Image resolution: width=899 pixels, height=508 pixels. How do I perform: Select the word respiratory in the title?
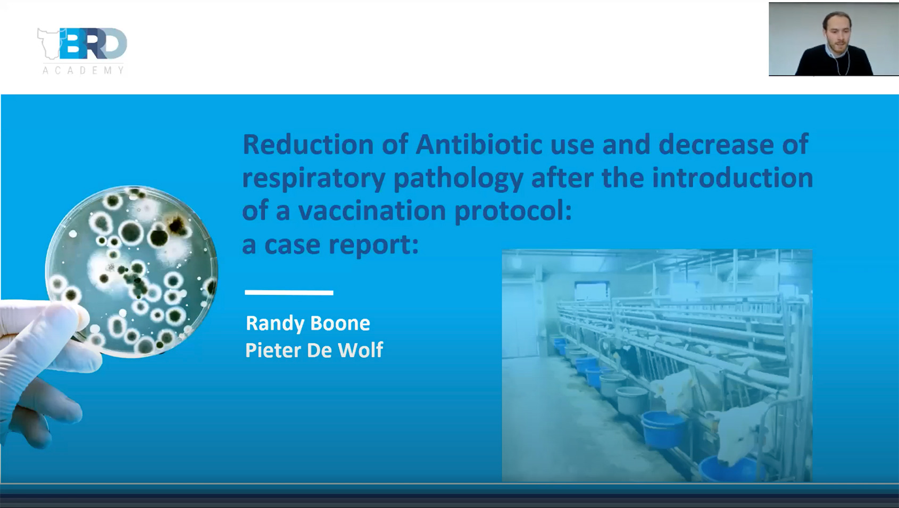[313, 178]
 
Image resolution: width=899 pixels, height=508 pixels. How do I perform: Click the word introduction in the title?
[732, 177]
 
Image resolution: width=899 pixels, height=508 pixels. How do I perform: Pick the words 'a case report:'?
[330, 244]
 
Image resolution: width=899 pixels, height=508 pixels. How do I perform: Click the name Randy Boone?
[308, 323]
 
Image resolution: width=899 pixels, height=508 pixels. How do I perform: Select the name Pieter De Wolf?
[314, 350]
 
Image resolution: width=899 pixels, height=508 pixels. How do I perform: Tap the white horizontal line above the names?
[289, 292]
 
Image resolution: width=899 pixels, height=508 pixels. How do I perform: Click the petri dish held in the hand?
[133, 271]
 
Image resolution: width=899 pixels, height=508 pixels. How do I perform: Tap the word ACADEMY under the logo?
[83, 70]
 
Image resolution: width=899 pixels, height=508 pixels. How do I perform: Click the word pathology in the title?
[458, 178]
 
